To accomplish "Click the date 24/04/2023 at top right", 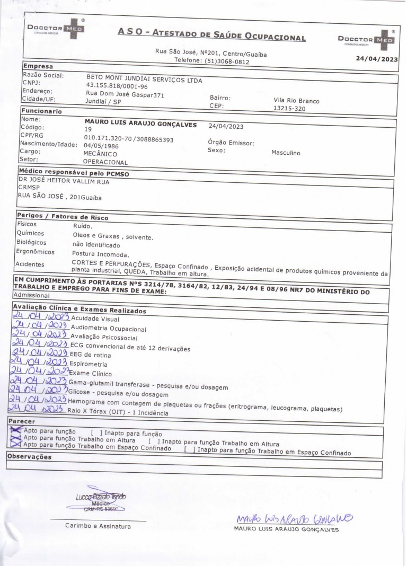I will [x=377, y=59].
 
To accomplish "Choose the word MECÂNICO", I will [x=99, y=153].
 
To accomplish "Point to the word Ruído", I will [x=82, y=226].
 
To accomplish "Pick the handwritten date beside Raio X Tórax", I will [x=39, y=409].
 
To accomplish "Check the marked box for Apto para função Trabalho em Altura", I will [x=16, y=439].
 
